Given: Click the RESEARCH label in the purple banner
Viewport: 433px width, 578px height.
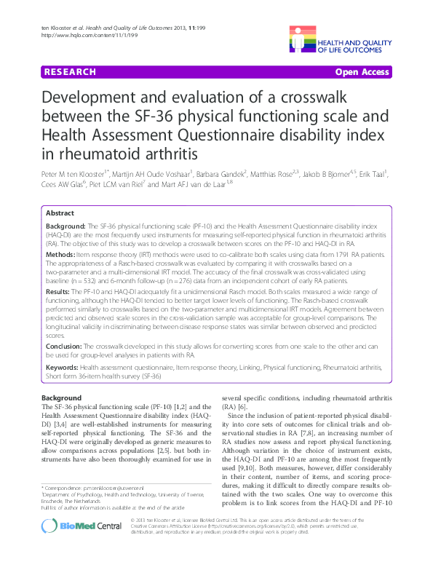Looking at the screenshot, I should coord(70,72).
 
